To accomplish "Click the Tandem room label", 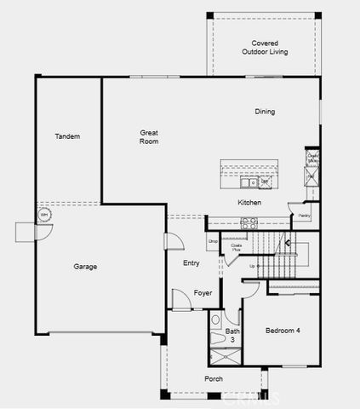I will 67,136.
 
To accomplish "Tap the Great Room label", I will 150,136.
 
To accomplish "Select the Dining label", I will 265,112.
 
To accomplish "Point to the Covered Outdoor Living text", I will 265,48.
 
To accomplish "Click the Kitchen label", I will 249,203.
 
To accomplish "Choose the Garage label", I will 85,267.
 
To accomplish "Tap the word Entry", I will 191,263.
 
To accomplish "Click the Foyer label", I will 203,293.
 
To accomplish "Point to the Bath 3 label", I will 232,335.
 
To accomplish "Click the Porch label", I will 214,378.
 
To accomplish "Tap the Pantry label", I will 304,216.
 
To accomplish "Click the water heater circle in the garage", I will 44,215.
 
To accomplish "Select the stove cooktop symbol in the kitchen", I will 249,222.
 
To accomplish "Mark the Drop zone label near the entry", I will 213,242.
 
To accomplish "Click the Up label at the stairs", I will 252,267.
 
